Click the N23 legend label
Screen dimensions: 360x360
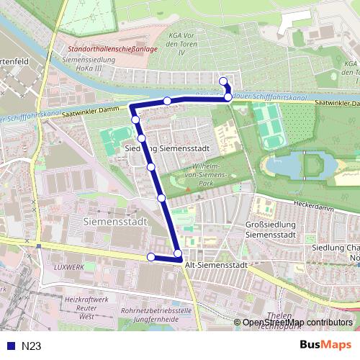(x=31, y=346)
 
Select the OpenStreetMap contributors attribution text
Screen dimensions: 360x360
(x=297, y=322)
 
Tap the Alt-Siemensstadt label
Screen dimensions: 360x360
(x=216, y=265)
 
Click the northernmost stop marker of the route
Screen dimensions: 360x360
(x=223, y=81)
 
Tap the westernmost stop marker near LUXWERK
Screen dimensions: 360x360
(x=151, y=257)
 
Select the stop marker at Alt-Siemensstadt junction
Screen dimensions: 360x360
(x=178, y=253)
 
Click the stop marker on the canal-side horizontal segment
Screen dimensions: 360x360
(x=167, y=101)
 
